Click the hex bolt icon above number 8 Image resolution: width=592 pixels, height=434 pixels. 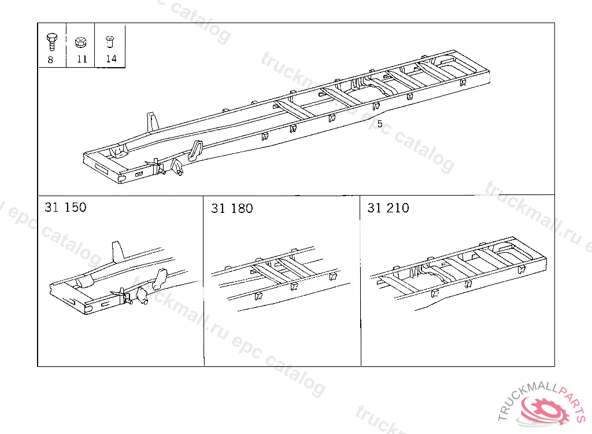[x=51, y=42]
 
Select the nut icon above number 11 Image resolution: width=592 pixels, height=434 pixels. [x=80, y=42]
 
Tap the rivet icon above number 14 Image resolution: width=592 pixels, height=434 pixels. [x=109, y=41]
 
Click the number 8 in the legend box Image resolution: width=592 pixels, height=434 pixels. [x=51, y=60]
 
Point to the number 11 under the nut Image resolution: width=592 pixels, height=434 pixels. [x=82, y=59]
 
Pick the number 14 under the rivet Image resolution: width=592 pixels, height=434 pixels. [x=111, y=58]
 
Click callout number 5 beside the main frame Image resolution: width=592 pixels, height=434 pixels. [x=380, y=124]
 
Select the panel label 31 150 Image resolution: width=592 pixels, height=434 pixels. [x=65, y=207]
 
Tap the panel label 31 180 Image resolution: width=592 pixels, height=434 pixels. [x=232, y=208]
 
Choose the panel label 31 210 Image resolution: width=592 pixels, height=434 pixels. [x=388, y=208]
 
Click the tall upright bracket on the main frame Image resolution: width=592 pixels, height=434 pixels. [x=152, y=122]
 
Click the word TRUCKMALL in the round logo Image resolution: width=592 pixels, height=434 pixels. [x=525, y=398]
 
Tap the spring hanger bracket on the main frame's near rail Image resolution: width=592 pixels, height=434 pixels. [x=195, y=150]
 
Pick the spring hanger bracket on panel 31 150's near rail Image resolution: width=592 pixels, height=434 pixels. [x=161, y=279]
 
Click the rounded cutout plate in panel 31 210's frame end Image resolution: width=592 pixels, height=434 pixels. [x=508, y=251]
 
